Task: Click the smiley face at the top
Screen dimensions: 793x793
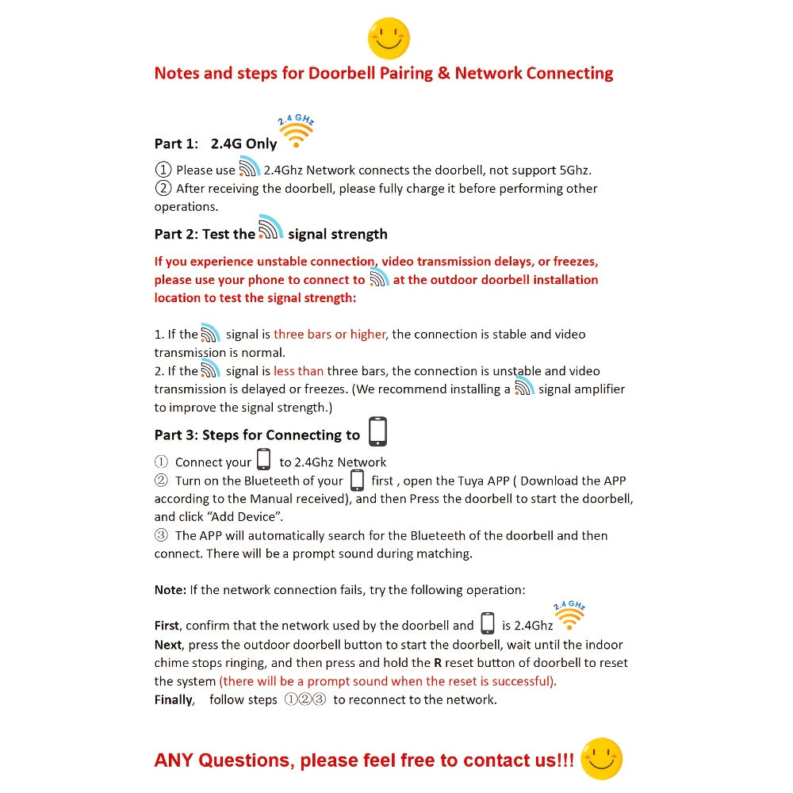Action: pos(389,38)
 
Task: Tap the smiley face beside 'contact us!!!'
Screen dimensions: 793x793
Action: pos(601,758)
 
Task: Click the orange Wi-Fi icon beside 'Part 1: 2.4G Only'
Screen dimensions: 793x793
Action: pos(297,132)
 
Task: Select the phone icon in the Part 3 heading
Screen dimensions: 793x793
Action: pos(377,431)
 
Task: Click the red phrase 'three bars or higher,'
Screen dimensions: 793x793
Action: pos(331,335)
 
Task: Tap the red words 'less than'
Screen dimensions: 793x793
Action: pos(298,371)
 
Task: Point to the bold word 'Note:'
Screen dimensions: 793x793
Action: pos(170,590)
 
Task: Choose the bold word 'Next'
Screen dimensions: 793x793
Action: pos(167,645)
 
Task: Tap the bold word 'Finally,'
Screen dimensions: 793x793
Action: pos(174,699)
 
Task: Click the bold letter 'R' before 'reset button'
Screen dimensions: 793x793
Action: pos(438,663)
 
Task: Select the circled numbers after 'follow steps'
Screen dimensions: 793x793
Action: pos(305,699)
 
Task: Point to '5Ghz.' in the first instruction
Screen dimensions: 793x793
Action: pos(572,170)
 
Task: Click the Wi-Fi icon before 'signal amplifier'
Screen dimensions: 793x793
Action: pos(524,386)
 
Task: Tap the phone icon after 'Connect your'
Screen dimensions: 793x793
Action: pos(264,460)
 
